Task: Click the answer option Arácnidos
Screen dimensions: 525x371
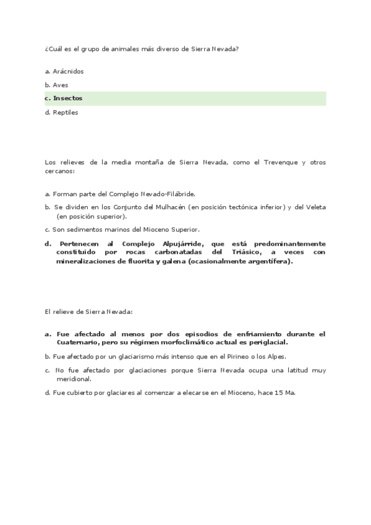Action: (68, 71)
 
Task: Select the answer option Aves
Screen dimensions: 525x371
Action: (61, 85)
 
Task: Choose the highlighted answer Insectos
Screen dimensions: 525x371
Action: (67, 98)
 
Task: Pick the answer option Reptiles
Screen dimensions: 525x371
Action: (66, 112)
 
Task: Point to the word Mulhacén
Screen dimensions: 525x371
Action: (163, 207)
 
